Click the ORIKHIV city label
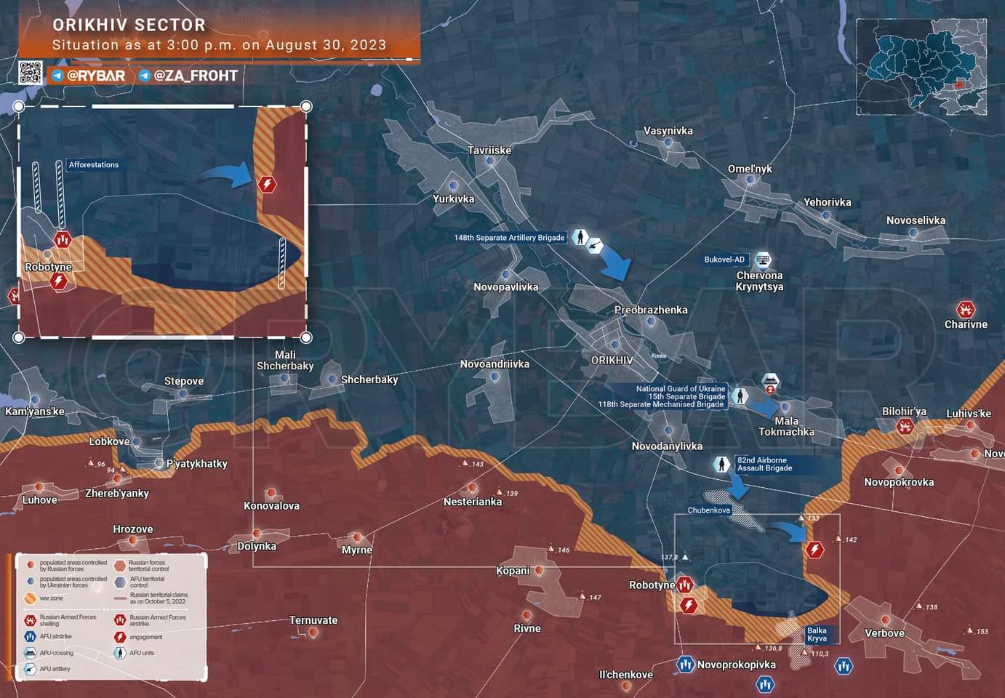[x=612, y=360]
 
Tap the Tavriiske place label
[x=489, y=151]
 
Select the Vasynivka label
[x=668, y=131]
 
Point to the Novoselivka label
[x=916, y=220]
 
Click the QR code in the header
[x=31, y=73]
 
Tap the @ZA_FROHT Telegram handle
[x=195, y=76]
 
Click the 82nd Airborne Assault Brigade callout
[x=761, y=465]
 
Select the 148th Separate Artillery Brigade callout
[x=509, y=238]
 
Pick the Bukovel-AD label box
[x=724, y=260]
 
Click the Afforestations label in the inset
[x=93, y=165]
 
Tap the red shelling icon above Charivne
[x=965, y=309]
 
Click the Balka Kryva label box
[x=817, y=635]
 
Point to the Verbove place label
[x=884, y=633]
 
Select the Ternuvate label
[x=313, y=620]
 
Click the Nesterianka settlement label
[x=473, y=502]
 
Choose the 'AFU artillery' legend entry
[x=55, y=669]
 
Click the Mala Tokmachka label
[x=786, y=427]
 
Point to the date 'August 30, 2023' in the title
[x=326, y=45]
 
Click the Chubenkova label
[x=708, y=510]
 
